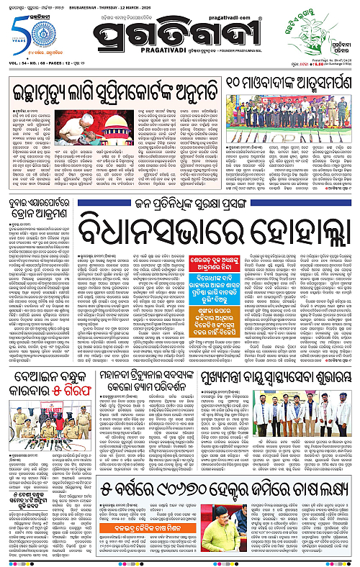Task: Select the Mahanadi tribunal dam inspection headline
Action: point(184,364)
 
